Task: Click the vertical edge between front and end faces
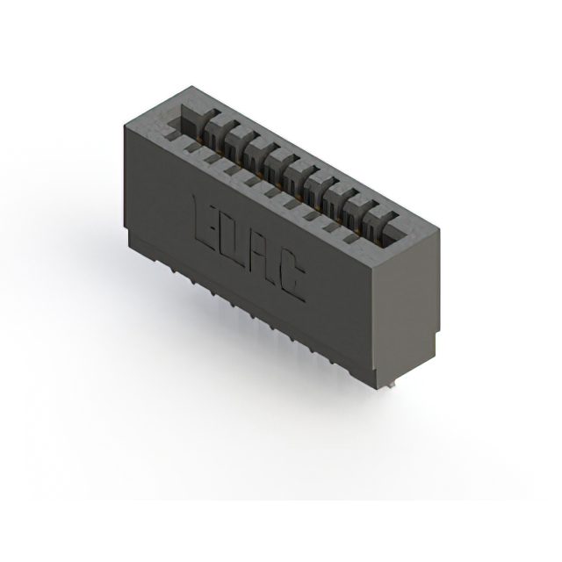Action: pos(380,325)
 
